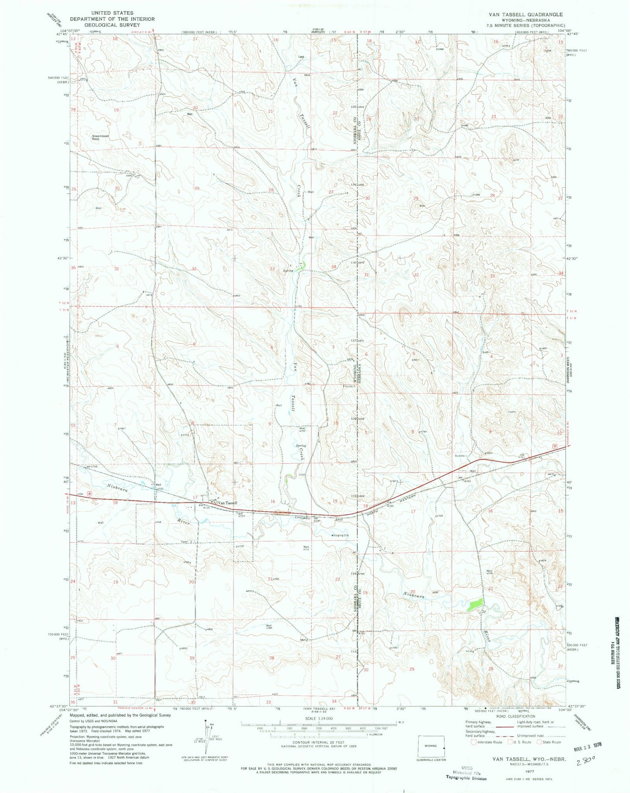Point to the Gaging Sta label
(342, 535)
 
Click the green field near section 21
(475, 604)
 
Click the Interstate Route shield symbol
(474, 742)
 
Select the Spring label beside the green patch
(288, 271)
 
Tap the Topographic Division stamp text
(466, 778)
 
